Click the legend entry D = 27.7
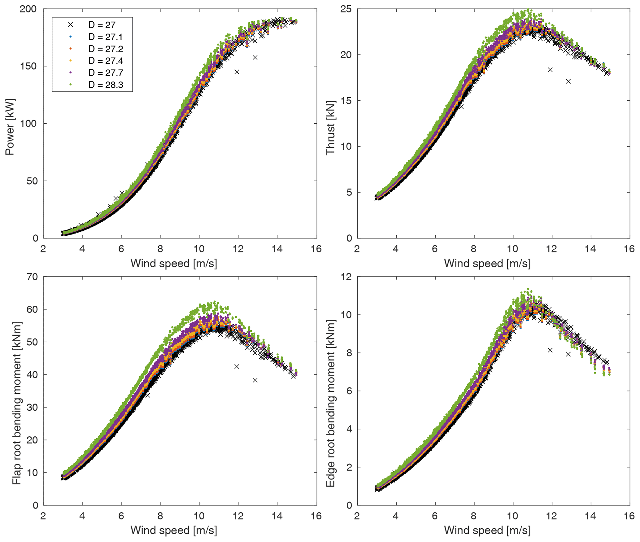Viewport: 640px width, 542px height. pos(106,72)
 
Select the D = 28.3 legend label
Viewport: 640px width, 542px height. pos(106,85)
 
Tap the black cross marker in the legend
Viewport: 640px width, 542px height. pos(71,25)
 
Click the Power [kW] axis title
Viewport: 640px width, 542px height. pos(10,127)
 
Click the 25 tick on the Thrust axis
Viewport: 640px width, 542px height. pos(346,9)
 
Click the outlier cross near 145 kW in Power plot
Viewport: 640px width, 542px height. pos(237,72)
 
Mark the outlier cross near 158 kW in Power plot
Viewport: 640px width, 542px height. pos(255,58)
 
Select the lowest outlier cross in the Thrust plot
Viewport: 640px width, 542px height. pos(568,81)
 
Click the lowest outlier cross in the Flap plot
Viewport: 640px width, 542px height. pos(255,380)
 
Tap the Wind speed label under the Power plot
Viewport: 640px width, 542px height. pos(174,264)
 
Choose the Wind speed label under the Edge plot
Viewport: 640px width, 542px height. pos(487,531)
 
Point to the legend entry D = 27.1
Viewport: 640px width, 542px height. pos(106,37)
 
